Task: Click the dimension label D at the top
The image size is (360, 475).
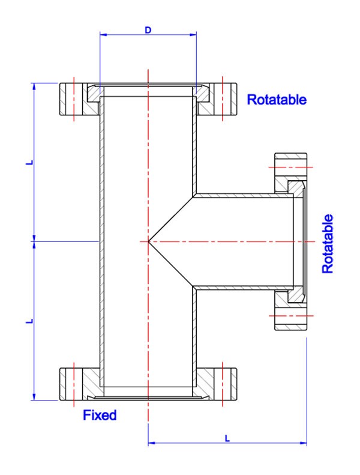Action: pos(148,29)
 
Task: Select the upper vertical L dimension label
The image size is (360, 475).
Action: pos(28,161)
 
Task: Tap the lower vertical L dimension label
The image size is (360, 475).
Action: pos(28,321)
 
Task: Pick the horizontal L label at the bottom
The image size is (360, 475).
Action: pos(227,438)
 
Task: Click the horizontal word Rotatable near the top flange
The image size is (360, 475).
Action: pos(277,100)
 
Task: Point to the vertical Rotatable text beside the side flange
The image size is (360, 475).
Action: pos(328,243)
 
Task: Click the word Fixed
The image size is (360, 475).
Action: pos(100,414)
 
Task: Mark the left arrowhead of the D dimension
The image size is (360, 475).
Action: pos(103,35)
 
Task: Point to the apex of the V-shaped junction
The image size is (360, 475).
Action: pos(148,241)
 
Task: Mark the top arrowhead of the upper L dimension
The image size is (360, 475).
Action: pos(35,85)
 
